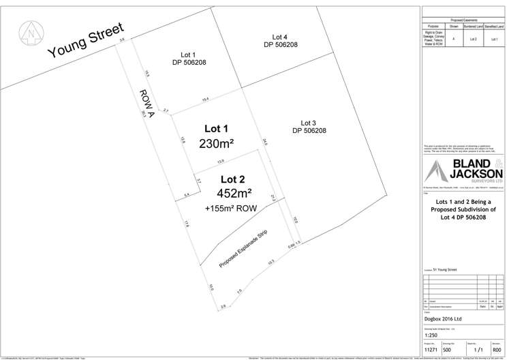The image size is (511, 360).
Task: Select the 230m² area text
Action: coord(217,144)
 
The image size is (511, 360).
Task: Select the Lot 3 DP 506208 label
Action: coord(309,127)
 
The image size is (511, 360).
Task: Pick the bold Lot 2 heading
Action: coord(230,179)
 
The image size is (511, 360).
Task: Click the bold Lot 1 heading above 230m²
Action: coord(217,128)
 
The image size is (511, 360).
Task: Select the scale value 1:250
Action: coord(431,336)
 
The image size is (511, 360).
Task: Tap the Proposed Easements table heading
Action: coord(463,21)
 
